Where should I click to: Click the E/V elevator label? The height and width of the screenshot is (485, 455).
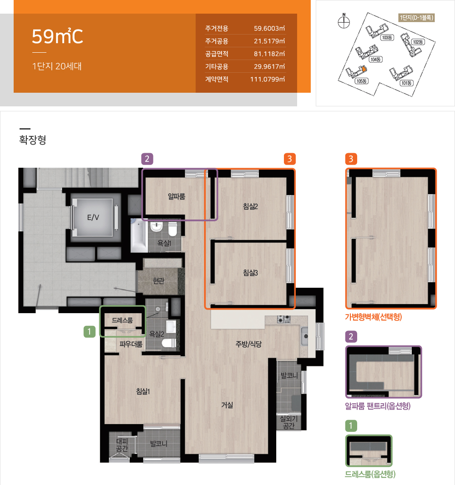point(93,217)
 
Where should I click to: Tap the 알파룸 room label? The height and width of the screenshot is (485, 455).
point(177,196)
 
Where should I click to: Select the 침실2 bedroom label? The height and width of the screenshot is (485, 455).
point(250,206)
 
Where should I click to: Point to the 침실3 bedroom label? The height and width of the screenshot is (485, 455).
point(250,273)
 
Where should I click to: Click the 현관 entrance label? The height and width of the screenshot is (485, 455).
point(158,280)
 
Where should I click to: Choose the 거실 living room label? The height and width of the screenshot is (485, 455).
point(227,405)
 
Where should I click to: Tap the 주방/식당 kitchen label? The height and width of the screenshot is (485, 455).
point(248,344)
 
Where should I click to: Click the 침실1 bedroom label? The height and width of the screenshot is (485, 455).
point(143,391)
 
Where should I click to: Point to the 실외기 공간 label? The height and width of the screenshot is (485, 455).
point(289,422)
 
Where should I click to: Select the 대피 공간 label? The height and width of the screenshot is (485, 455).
point(122,445)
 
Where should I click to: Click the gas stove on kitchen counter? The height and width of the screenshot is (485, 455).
point(283,319)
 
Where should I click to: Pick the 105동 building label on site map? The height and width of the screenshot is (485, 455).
point(362,81)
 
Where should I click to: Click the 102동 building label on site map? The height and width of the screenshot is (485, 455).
point(418,42)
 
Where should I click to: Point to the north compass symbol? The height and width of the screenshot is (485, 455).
point(344,22)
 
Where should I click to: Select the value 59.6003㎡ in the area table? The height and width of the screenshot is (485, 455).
point(269,28)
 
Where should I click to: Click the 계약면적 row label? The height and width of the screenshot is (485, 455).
point(217,79)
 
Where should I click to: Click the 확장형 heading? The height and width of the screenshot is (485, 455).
point(32,140)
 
